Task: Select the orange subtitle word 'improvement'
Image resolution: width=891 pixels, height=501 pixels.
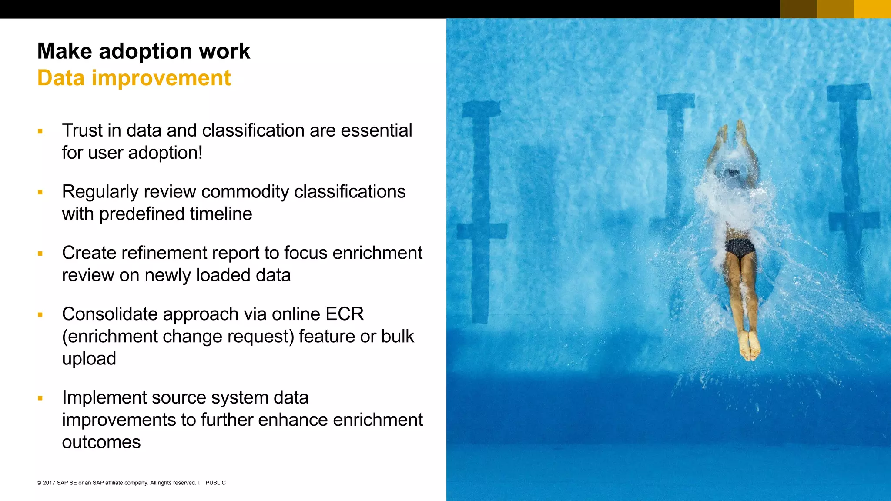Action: (161, 78)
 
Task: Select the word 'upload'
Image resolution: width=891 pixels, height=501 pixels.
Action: (89, 359)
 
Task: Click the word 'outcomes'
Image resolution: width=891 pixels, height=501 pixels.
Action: (101, 442)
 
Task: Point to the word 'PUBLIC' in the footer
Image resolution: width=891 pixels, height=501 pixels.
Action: (215, 483)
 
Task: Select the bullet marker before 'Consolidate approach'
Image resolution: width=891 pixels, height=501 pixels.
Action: (40, 314)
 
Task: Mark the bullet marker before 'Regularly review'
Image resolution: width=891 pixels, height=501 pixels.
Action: (40, 192)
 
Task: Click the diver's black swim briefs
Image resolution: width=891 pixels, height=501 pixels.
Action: (740, 248)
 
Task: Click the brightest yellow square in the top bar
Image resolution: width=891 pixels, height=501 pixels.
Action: (872, 9)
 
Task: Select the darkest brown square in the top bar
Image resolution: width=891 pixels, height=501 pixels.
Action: (798, 9)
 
